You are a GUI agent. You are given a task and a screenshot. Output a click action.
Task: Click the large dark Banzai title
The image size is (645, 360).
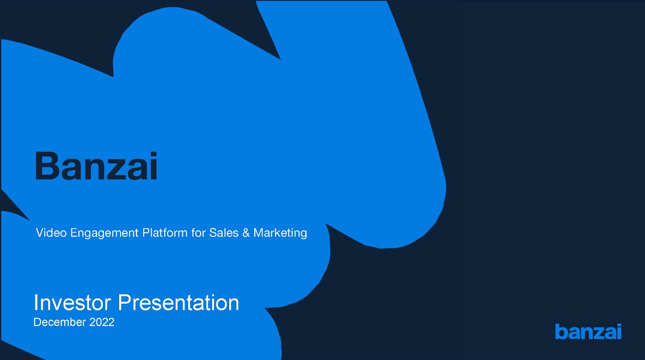click(x=96, y=166)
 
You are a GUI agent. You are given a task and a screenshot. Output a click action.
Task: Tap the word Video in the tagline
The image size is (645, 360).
click(x=51, y=232)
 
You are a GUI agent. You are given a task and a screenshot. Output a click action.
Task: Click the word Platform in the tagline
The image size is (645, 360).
click(x=165, y=232)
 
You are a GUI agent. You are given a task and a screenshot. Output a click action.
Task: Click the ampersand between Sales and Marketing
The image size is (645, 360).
click(x=246, y=233)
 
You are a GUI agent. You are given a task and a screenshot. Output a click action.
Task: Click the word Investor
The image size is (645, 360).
click(x=72, y=303)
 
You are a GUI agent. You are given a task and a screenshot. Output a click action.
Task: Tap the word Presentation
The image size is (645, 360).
click(x=178, y=303)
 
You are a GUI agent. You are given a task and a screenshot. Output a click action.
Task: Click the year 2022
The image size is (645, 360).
click(x=101, y=322)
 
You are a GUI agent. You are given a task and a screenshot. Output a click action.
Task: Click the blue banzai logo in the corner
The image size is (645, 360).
click(x=588, y=332)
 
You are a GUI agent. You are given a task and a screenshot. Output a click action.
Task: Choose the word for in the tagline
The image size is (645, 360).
click(x=198, y=232)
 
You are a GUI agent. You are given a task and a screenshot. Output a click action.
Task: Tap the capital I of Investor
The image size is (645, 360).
click(x=36, y=303)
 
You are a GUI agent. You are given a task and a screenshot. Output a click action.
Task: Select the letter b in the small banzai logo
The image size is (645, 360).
click(x=561, y=332)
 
